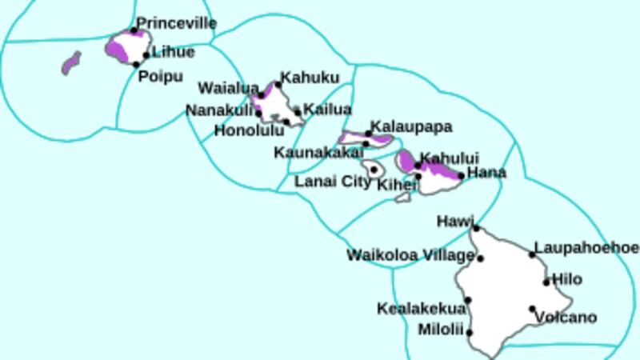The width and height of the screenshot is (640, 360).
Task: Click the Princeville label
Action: pos(177,23)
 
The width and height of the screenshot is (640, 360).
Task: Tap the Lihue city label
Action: pos(173,52)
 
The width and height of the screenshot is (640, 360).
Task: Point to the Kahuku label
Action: pos(309,78)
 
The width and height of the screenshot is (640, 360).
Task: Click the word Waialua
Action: pos(228,87)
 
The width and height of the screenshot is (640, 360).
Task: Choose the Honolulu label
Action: pos(250,130)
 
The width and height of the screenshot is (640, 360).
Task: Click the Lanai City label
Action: pos(333,182)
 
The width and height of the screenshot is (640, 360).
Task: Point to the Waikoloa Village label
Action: pos(410,255)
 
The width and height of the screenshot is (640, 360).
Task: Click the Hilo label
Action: pos(567,279)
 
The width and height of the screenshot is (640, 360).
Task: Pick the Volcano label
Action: pos(566,318)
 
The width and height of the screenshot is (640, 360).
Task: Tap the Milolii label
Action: pos(441,329)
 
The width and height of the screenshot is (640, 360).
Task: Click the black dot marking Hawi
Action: pos(476,228)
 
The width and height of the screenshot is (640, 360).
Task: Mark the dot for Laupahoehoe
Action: pos(532,254)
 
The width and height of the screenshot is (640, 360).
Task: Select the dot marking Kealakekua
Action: pos(468,301)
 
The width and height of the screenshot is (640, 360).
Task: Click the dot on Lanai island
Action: pos(374,170)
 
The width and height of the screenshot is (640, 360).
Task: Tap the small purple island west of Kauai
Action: pos(72,63)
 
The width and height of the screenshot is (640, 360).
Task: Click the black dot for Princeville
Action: pos(134,30)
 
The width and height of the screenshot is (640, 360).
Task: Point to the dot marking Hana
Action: pos(461,175)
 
